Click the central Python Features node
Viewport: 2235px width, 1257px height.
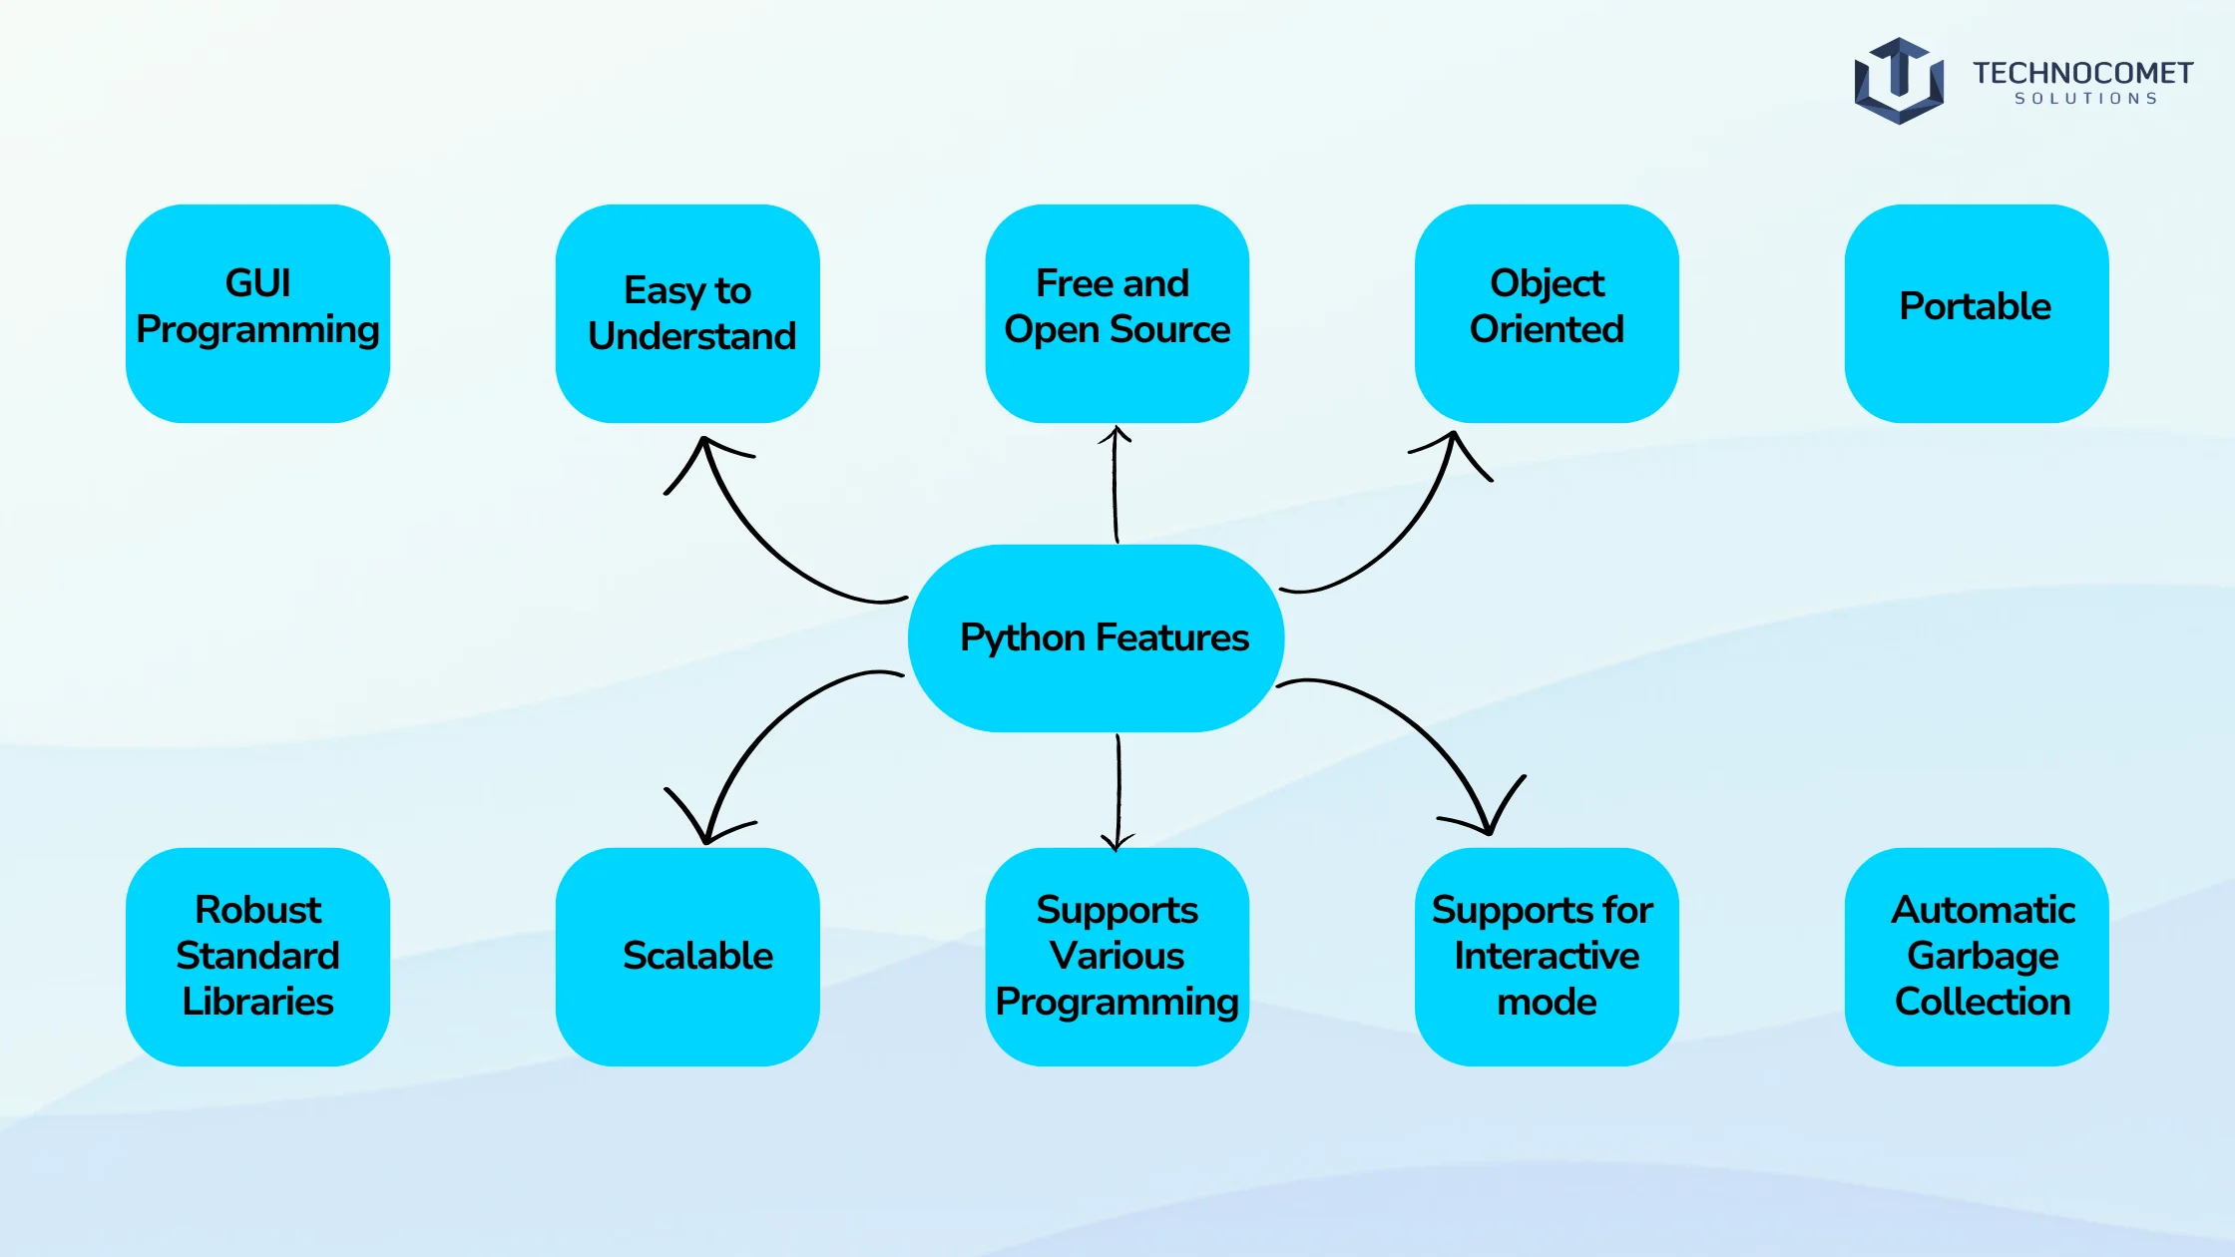click(1096, 638)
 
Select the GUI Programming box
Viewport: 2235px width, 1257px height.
click(257, 313)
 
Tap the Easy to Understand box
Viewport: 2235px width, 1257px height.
click(687, 313)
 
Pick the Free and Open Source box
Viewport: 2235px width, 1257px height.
click(1117, 313)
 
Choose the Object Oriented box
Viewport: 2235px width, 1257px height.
click(1547, 313)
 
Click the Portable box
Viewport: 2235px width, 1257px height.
click(1977, 313)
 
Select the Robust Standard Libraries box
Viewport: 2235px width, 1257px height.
click(257, 957)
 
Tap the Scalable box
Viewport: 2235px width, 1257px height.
click(687, 957)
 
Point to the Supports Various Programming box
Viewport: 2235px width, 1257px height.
click(1117, 957)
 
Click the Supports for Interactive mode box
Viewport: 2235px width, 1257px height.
click(1547, 957)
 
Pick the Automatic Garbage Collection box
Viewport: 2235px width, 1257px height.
click(1977, 957)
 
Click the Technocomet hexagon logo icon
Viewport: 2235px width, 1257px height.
click(1899, 81)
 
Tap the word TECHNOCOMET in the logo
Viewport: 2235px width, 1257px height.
click(2082, 73)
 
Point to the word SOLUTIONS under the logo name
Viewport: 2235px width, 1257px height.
click(2086, 99)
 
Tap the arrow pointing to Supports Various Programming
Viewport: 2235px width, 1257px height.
click(1118, 793)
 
